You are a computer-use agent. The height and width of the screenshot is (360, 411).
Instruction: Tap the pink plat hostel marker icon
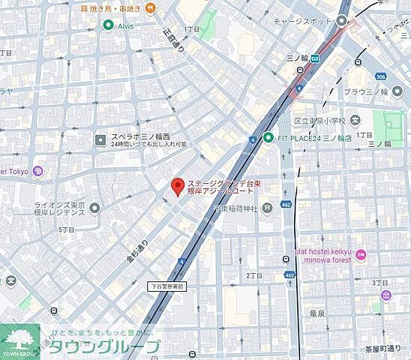point(361,254)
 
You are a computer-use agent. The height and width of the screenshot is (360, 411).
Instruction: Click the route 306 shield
point(381,76)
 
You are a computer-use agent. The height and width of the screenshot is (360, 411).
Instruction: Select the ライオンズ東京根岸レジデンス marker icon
point(94,207)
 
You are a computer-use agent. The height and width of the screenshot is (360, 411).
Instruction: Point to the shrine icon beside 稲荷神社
point(268,208)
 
